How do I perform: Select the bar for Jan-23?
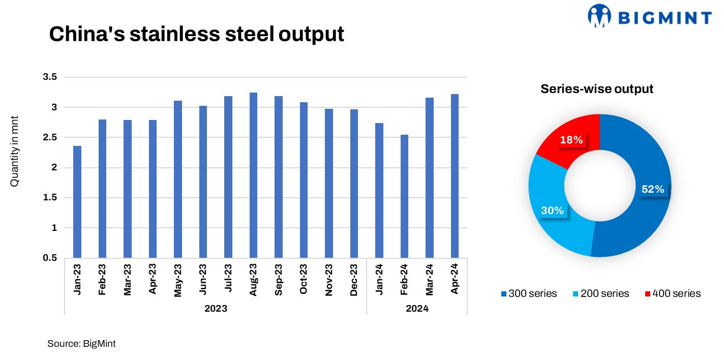(x=77, y=202)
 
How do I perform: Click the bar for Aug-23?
(x=253, y=175)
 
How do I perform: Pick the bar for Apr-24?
(x=455, y=176)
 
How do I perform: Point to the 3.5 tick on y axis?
(x=49, y=77)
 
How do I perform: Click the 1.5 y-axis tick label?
(x=49, y=198)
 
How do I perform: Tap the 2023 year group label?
(x=216, y=309)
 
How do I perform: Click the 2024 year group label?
(x=417, y=309)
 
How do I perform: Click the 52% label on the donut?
(x=652, y=189)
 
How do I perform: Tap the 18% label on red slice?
(x=571, y=140)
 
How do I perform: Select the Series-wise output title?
(x=596, y=88)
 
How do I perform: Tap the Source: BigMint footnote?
(x=81, y=344)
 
